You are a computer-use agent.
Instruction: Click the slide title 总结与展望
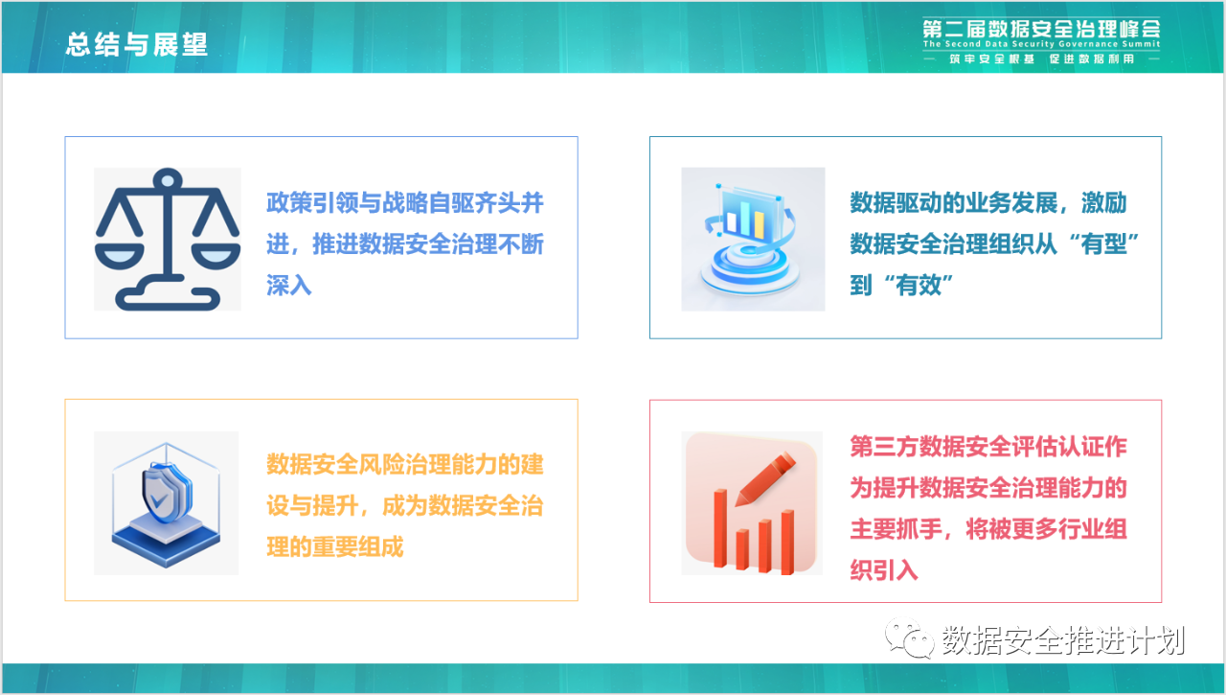click(x=136, y=44)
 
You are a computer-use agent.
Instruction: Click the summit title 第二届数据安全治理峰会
click(x=1041, y=28)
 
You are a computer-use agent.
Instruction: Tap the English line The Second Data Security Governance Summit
click(x=1041, y=44)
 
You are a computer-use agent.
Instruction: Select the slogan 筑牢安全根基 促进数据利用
click(x=1041, y=58)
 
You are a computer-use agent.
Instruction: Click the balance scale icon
click(x=168, y=240)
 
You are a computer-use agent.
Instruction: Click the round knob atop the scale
click(x=168, y=179)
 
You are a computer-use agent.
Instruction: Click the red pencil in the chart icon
click(x=765, y=478)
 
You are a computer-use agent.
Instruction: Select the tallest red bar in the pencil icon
click(x=721, y=528)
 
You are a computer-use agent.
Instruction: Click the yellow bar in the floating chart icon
click(x=760, y=225)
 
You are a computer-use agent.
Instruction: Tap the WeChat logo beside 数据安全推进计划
click(x=909, y=638)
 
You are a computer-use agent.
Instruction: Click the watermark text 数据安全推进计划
click(x=1063, y=639)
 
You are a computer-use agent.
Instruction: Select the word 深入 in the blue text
click(x=289, y=286)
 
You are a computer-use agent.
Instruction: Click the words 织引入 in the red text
click(x=884, y=570)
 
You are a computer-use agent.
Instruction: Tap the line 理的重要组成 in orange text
click(x=335, y=546)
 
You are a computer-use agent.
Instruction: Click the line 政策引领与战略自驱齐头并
click(x=405, y=203)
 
